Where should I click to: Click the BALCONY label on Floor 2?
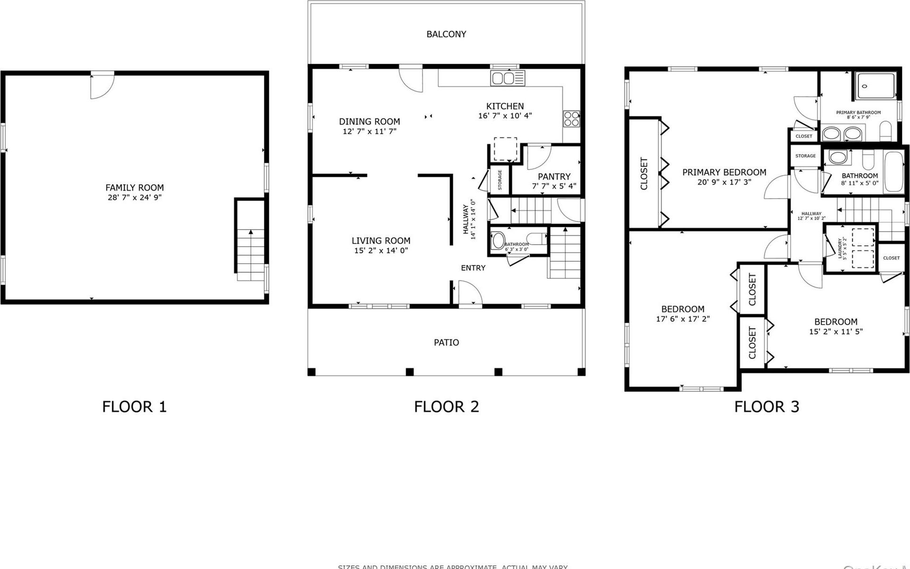pos(446,34)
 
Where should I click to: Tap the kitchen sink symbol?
pos(507,78)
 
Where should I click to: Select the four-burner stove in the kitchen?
pos(571,118)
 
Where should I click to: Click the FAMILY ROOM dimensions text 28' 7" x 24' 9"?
pos(134,197)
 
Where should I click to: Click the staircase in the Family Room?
pos(250,255)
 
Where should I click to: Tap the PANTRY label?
pos(554,176)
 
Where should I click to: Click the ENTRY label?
pos(473,268)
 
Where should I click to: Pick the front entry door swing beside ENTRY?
pos(470,293)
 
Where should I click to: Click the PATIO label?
pos(446,343)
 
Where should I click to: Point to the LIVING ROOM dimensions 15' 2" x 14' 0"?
pos(381,251)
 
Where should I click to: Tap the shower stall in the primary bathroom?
pos(876,86)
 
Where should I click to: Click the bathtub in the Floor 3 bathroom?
pos(893,172)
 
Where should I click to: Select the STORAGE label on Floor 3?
pos(805,156)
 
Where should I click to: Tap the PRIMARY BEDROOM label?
pos(724,172)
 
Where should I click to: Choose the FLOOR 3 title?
pos(766,407)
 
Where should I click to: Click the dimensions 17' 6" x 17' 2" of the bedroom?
pos(682,319)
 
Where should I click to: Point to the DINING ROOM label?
pos(369,122)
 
